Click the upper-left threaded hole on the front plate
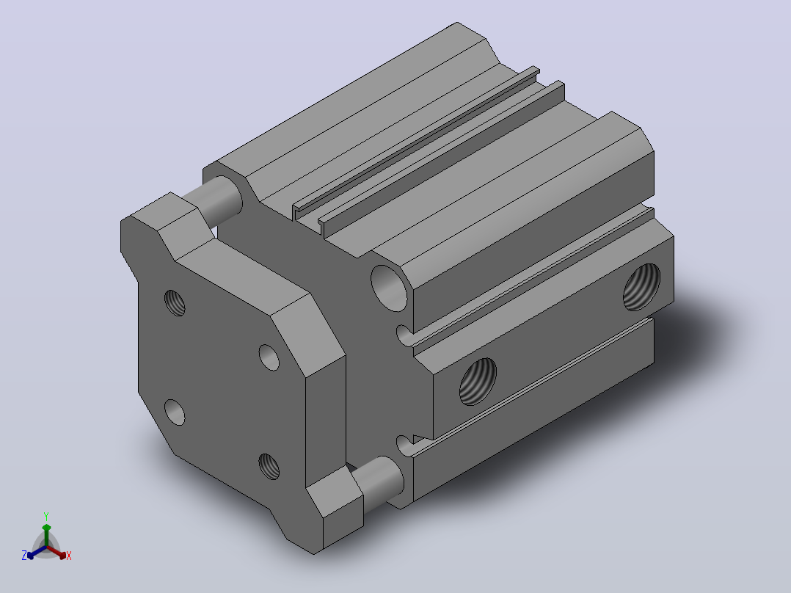[x=175, y=303]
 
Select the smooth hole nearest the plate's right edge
[x=269, y=357]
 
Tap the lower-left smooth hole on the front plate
[x=175, y=412]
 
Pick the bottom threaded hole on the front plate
[x=269, y=466]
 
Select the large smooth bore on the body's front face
[x=389, y=288]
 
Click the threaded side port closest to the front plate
[x=478, y=381]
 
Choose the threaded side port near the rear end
[x=641, y=287]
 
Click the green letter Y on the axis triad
[x=46, y=516]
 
